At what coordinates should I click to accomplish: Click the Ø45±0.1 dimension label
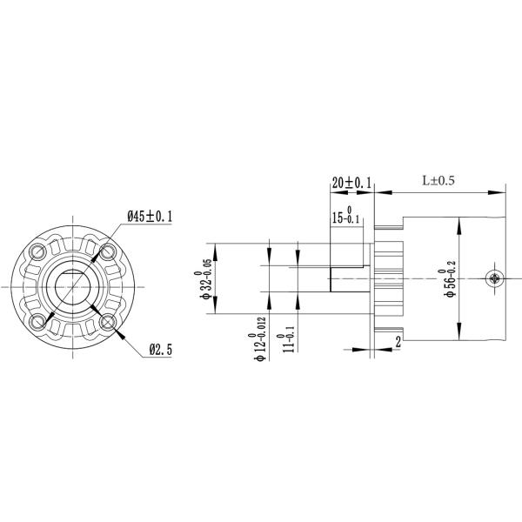point(150,217)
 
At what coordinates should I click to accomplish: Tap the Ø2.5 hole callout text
point(161,350)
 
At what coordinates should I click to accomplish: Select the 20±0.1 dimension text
point(351,183)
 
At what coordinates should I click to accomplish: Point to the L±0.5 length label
point(438,181)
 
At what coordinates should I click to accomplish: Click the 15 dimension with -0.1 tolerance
point(346,215)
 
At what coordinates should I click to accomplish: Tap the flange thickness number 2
point(398,342)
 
